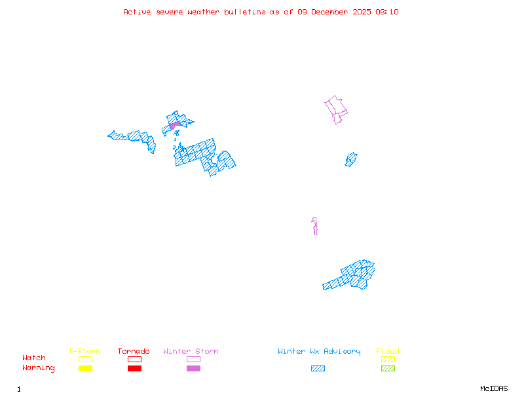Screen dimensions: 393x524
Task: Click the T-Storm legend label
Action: click(84, 351)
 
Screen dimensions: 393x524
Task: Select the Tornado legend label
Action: click(134, 351)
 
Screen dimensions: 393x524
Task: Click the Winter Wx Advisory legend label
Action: click(319, 351)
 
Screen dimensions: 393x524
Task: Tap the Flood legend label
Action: click(388, 351)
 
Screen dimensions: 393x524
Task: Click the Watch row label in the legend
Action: click(34, 358)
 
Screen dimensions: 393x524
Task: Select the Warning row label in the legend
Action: click(38, 368)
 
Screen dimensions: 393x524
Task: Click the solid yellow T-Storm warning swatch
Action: click(85, 368)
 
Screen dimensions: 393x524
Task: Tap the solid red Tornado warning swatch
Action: click(134, 368)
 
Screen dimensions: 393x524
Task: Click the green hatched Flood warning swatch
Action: click(388, 368)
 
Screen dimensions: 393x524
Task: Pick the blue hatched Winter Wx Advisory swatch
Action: click(318, 368)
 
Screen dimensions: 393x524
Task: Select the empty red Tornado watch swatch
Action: click(134, 359)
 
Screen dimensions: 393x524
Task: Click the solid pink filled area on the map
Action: click(174, 125)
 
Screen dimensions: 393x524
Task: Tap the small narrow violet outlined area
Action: click(315, 225)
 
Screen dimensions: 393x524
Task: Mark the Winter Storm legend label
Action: click(191, 351)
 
